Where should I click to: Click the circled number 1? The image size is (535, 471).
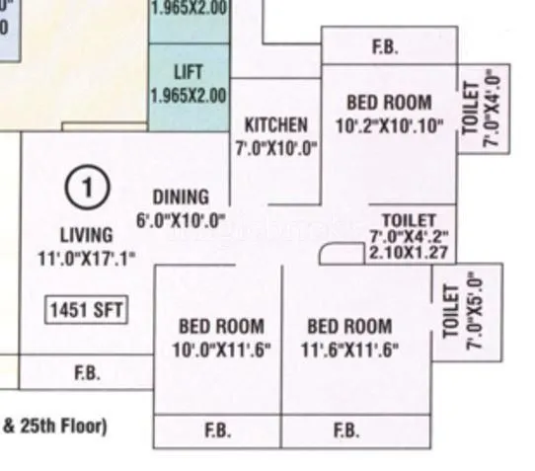tap(88, 187)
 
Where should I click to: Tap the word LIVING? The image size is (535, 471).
tap(87, 235)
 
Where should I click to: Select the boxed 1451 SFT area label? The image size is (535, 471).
tap(87, 310)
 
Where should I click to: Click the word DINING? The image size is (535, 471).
tap(181, 196)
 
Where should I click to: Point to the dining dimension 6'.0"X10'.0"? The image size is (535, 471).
tap(181, 219)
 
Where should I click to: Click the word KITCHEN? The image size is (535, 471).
tap(276, 125)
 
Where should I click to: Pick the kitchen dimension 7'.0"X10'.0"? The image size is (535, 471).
tap(276, 148)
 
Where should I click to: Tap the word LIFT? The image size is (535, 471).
tap(188, 73)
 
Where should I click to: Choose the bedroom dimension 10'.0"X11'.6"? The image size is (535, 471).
tap(221, 349)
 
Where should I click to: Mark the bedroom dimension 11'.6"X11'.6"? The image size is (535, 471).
tap(348, 349)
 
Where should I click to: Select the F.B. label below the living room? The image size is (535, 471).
tap(87, 374)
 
